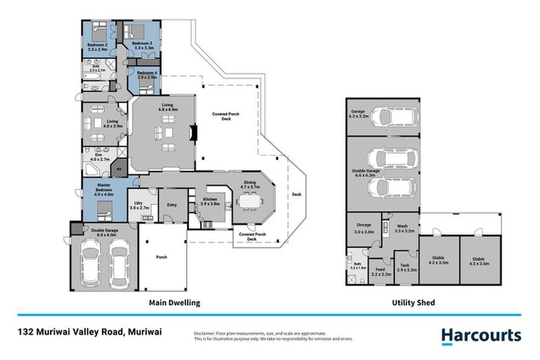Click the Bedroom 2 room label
[96, 47]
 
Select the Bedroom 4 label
[147, 75]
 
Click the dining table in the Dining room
[250, 202]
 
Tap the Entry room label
[172, 205]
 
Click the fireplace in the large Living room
[194, 134]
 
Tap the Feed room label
[380, 271]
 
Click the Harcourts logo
[481, 335]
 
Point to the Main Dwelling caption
[174, 303]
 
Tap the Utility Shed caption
[413, 303]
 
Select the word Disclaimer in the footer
[205, 333]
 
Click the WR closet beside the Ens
[118, 169]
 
